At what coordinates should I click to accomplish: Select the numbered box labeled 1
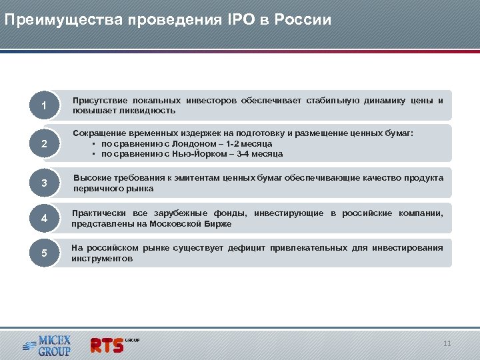(43, 106)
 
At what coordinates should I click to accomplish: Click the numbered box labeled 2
(43, 144)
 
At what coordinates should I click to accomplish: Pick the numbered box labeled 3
(43, 183)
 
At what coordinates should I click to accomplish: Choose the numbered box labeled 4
(43, 219)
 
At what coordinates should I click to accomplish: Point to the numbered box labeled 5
(43, 253)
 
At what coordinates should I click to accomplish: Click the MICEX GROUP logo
(47, 344)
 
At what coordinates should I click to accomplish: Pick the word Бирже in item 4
(217, 224)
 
